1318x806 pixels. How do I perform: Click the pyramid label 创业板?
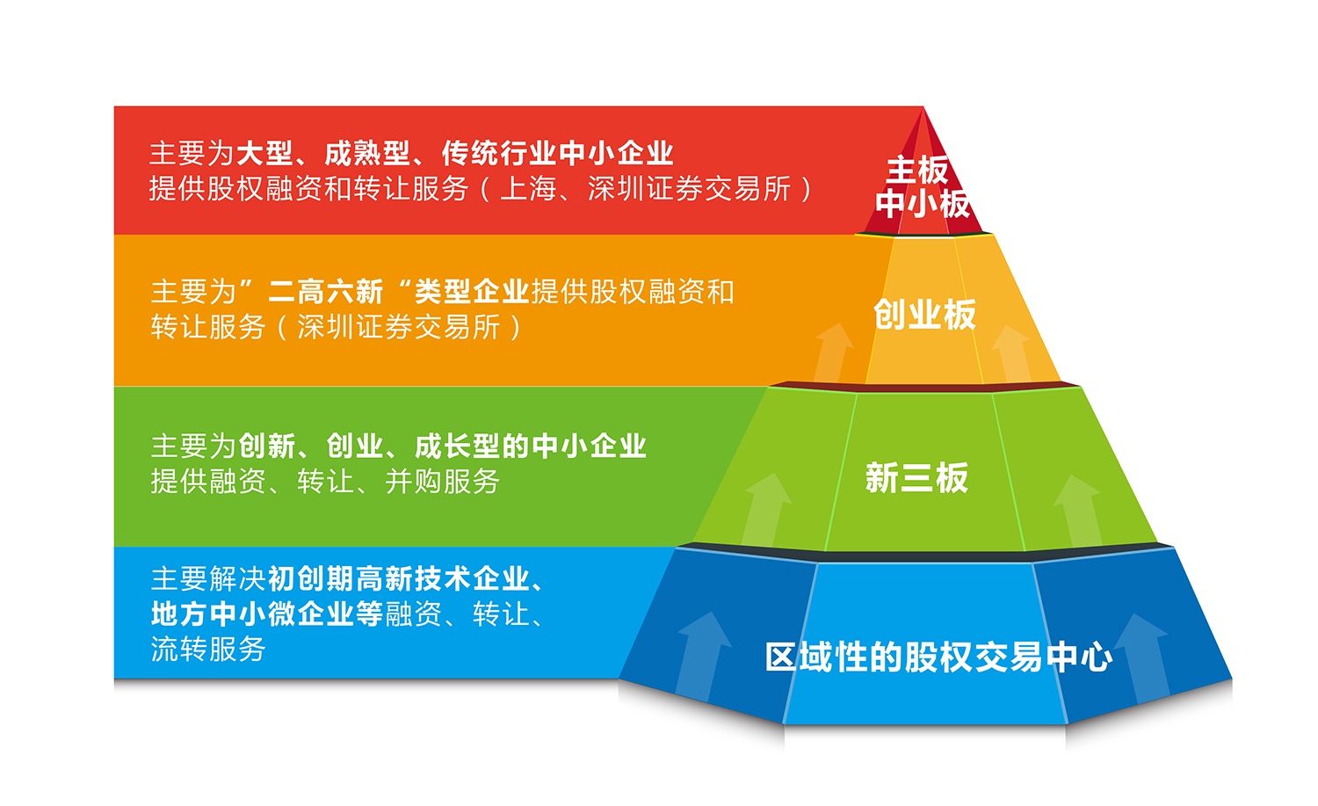[924, 315]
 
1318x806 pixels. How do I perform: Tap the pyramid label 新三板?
[916, 477]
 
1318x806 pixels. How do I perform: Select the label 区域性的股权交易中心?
[939, 657]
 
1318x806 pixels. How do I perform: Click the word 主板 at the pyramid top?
[917, 171]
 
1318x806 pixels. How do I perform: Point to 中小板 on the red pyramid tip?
[922, 204]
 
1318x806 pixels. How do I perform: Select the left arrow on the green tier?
[766, 509]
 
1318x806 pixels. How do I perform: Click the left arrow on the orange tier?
[833, 352]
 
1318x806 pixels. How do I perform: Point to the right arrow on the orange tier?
[1011, 353]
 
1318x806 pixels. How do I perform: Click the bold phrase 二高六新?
[325, 292]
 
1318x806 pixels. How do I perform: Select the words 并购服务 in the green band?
[443, 482]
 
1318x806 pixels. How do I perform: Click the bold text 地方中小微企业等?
[267, 614]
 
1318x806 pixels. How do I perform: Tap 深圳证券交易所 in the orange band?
[399, 327]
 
